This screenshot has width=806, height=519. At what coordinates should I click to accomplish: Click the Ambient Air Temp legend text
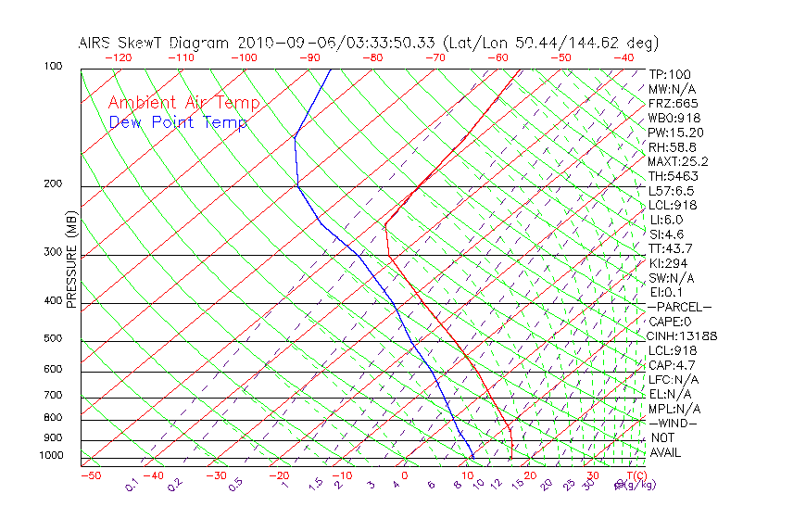coord(183,104)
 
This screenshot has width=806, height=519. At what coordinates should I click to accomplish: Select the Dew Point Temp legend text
coord(178,123)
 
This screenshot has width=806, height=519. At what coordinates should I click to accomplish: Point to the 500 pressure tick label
coord(53,339)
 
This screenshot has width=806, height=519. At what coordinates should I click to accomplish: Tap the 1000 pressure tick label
coord(50,456)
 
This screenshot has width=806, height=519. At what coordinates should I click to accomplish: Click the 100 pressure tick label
coord(53,67)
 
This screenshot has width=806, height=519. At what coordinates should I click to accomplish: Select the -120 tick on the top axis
coord(118,57)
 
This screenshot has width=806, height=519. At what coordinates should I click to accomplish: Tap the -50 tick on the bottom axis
coord(90,475)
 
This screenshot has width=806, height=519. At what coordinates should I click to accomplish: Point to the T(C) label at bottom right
coord(634,475)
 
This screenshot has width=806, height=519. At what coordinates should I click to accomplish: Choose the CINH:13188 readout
coord(683,335)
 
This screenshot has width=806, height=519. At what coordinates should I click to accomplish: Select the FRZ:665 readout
coord(673,104)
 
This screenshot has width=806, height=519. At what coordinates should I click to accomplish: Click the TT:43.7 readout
coord(671,248)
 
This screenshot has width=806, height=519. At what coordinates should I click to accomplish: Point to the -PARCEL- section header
coord(679,307)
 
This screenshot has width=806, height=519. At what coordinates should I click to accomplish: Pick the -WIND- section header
coord(673,423)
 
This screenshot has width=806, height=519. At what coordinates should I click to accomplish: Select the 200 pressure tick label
coord(53,184)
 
